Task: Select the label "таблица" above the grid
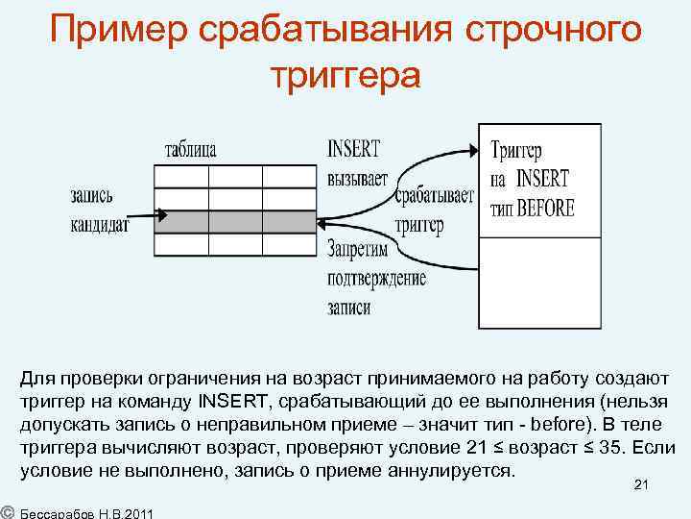pos(191,150)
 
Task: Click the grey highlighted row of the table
pos(236,222)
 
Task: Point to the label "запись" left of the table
pos(91,196)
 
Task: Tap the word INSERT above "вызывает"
pos(353,150)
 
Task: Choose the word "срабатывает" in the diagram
pos(435,197)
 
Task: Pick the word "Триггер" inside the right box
pos(516,152)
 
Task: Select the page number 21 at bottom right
pos(642,488)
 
